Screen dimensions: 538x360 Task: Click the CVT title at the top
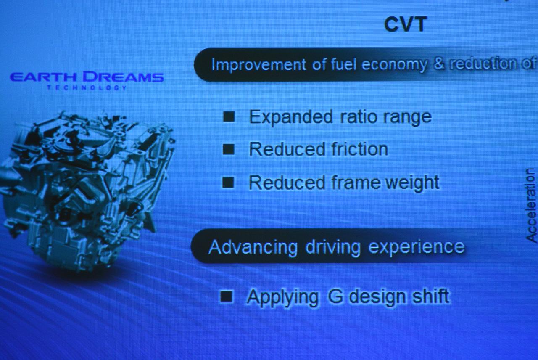[406, 24]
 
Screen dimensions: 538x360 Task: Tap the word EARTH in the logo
[43, 77]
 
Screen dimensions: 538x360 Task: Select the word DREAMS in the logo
[123, 77]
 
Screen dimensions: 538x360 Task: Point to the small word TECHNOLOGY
[87, 87]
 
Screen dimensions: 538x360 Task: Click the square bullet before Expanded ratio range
[229, 117]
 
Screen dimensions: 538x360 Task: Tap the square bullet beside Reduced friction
[228, 149]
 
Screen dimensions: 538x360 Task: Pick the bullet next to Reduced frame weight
[228, 183]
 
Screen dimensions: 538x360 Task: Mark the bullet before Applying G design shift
[226, 296]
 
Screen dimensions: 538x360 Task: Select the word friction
[359, 149]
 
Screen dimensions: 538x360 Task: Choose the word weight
[412, 183]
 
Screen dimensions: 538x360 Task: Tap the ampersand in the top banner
[439, 64]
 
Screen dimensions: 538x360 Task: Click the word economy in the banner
[394, 65]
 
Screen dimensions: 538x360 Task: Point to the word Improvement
[258, 65]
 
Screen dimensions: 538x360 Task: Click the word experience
[416, 247]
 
